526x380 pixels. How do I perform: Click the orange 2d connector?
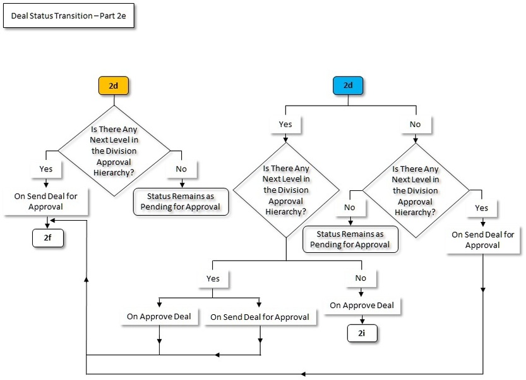coord(113,85)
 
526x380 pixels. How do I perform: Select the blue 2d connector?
coord(348,85)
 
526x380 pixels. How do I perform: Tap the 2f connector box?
coord(48,238)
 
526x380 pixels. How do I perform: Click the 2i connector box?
coord(361,333)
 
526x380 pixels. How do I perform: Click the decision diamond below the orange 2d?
coord(114,151)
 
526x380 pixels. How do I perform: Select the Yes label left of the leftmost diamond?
coord(46,169)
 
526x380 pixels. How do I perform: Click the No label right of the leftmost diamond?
coord(181,169)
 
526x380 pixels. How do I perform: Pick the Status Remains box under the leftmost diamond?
coord(181,201)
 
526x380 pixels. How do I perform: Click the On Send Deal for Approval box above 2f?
coord(46,201)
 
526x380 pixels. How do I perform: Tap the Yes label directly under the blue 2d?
coord(285,124)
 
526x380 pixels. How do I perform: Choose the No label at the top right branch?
coord(415,124)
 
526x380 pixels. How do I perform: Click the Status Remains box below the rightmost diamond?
coord(350,240)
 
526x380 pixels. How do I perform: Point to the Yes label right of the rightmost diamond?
coord(482,207)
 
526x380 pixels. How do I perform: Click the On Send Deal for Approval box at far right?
coord(482,240)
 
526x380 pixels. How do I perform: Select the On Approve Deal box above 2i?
coord(362,305)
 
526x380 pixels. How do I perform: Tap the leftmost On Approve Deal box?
coord(158,316)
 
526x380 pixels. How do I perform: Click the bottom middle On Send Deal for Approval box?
coord(260,317)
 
